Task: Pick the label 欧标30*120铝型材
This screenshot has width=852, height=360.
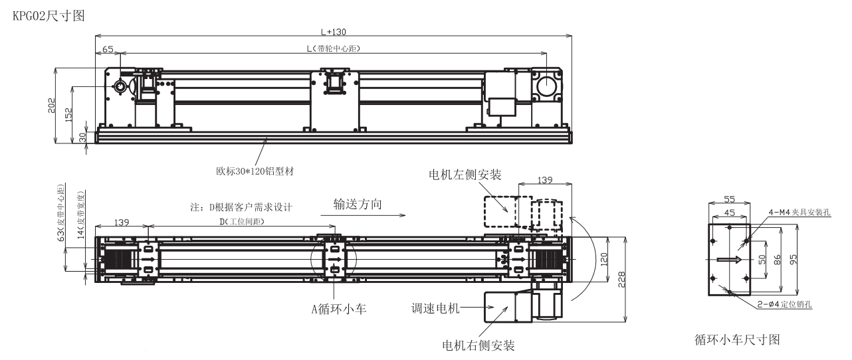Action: [251, 171]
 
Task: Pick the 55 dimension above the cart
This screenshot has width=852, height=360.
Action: [730, 199]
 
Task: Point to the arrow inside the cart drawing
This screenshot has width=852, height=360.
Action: [730, 260]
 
